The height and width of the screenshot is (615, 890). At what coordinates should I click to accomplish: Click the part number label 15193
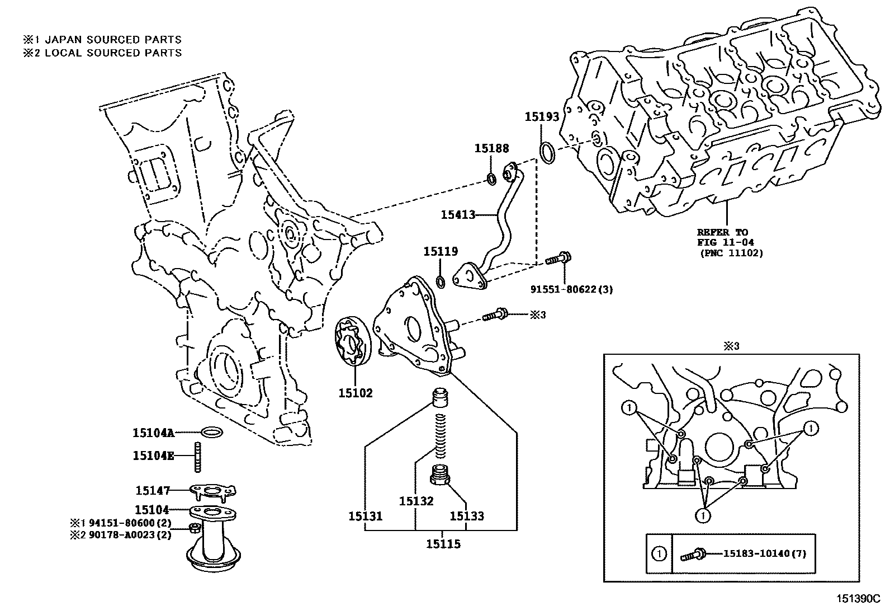[542, 116]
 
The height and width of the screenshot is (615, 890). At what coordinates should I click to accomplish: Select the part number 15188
[492, 148]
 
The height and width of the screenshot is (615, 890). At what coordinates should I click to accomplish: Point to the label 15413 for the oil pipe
[458, 214]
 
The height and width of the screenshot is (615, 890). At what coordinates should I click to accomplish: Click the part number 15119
[441, 252]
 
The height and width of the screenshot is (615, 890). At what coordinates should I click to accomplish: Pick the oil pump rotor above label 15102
[350, 342]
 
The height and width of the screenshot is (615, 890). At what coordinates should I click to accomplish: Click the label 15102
[355, 393]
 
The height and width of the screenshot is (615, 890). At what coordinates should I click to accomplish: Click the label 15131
[365, 515]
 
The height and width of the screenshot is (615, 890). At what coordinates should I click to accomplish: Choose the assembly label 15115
[443, 544]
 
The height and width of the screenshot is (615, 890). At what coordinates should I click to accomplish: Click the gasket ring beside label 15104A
[211, 432]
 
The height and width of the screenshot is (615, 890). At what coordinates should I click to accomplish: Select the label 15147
[153, 491]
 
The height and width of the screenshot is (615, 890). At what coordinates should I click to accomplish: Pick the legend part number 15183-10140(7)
[765, 554]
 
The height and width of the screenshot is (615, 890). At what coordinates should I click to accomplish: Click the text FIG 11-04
[725, 242]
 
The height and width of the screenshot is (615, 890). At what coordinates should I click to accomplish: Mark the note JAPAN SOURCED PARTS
[113, 40]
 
